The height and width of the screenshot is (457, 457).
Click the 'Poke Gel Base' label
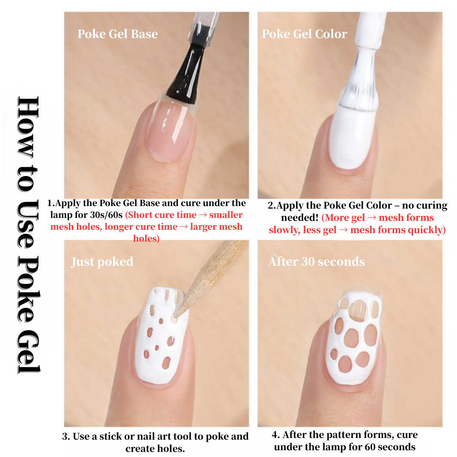(x=118, y=34)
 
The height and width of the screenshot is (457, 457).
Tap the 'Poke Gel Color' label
(x=305, y=34)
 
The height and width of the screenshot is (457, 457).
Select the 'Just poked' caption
(x=102, y=262)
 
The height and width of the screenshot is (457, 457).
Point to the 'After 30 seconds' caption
(x=317, y=262)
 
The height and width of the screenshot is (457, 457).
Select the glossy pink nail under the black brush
(x=169, y=131)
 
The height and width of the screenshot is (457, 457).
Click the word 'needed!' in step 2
(x=300, y=218)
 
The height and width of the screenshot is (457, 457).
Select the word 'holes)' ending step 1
(x=146, y=239)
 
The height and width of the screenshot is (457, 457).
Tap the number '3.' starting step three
(x=66, y=437)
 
